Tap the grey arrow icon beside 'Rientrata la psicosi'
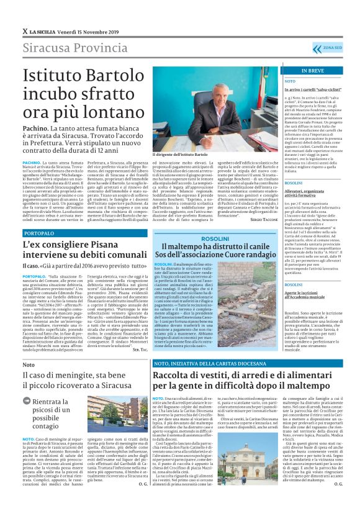pyautogui.click(x=27, y=383)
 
